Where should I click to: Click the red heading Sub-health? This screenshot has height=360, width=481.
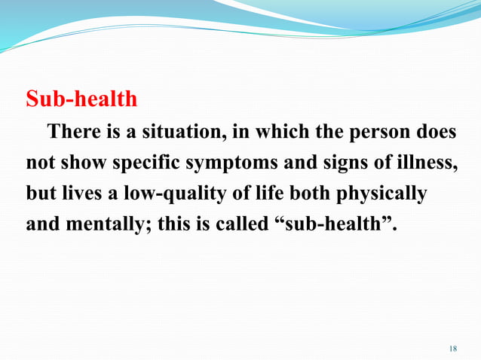[x=81, y=99]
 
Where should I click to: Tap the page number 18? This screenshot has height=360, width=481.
[x=452, y=348]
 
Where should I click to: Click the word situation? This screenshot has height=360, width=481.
[x=184, y=132]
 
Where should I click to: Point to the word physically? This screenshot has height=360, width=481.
[x=382, y=194]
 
